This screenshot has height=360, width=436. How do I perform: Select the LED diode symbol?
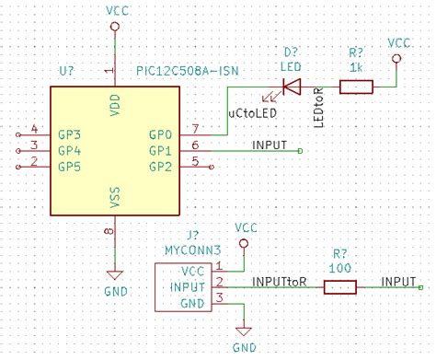(x=291, y=87)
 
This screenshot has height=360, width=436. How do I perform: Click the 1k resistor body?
(x=355, y=87)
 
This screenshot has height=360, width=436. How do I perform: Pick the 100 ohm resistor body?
(x=339, y=287)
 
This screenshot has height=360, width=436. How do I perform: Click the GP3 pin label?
(x=70, y=135)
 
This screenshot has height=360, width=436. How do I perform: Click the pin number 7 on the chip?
(x=196, y=128)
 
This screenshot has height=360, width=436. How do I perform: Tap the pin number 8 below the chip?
(x=109, y=231)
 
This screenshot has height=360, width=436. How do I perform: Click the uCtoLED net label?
(x=253, y=112)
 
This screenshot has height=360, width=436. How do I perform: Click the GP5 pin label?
(x=70, y=167)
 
